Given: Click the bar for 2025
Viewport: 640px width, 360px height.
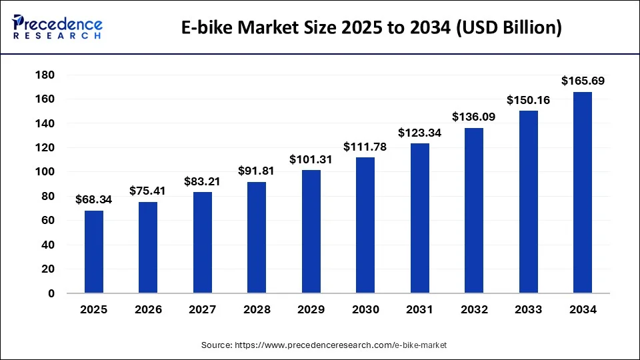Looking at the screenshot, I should [x=94, y=252].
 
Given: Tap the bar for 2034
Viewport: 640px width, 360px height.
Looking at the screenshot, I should [x=583, y=193].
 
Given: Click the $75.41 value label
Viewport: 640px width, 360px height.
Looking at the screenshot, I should [x=148, y=191].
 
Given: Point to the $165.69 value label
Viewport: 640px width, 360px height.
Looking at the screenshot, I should [x=583, y=81].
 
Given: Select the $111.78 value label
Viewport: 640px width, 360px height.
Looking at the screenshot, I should [x=365, y=147].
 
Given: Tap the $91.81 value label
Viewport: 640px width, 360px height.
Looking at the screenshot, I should [x=257, y=171].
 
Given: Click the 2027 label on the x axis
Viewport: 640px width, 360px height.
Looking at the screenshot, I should [x=203, y=310].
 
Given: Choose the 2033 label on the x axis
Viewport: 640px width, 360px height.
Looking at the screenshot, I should [x=529, y=310].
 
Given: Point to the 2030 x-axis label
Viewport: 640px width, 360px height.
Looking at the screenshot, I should [x=365, y=310].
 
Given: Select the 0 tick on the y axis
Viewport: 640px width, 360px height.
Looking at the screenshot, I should [x=51, y=293].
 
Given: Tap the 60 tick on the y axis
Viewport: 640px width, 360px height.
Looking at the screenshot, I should [x=47, y=221].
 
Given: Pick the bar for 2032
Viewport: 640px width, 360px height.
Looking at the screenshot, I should [x=474, y=211].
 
